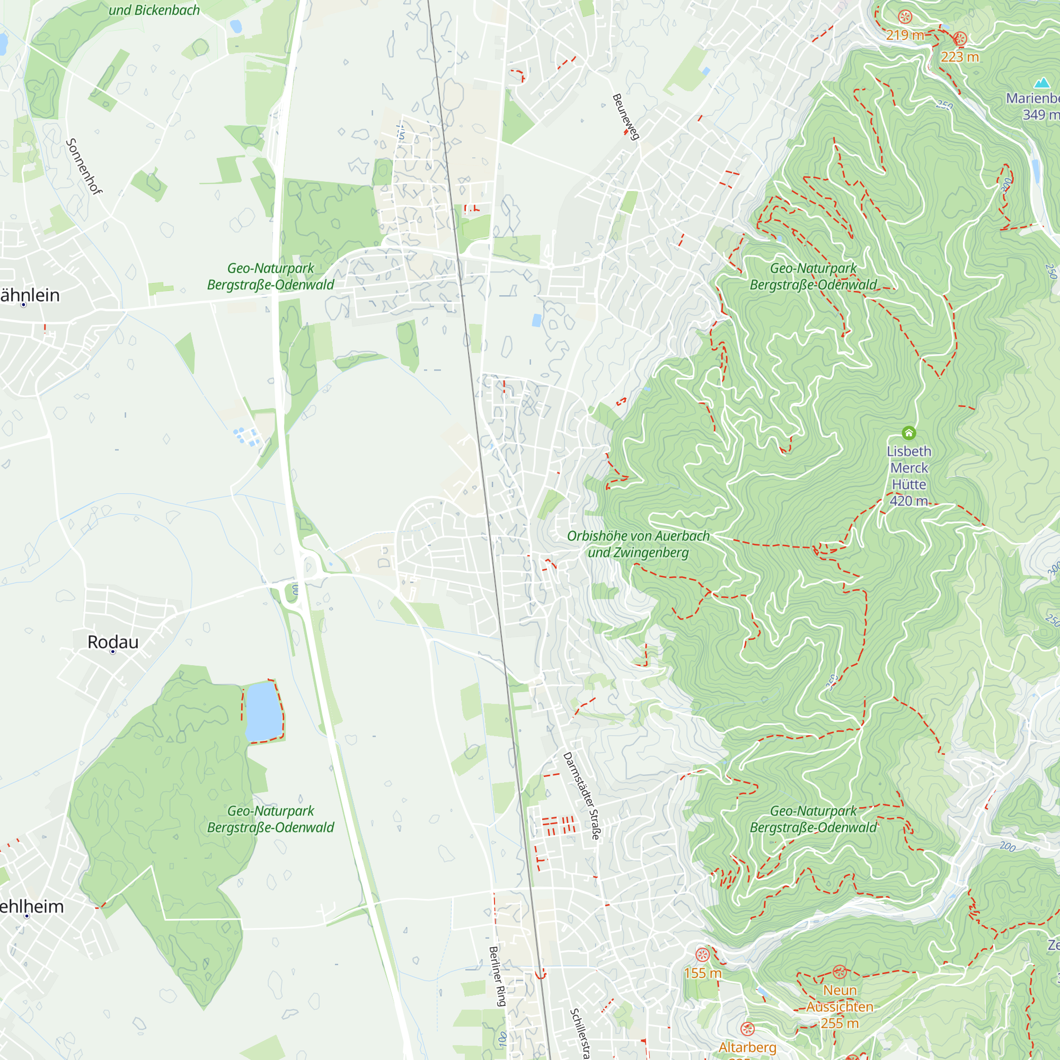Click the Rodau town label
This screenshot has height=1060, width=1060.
tap(113, 642)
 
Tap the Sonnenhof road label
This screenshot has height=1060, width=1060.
tap(84, 166)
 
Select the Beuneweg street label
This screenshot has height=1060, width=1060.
tap(625, 117)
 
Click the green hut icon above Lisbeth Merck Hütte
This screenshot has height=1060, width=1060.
tap(908, 434)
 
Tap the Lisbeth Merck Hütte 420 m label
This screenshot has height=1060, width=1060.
tap(908, 476)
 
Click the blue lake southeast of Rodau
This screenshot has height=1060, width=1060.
tap(263, 711)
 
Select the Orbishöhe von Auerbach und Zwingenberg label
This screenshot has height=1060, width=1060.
tap(638, 544)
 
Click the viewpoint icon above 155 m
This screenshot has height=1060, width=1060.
tap(702, 955)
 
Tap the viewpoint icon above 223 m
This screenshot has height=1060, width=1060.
tap(960, 39)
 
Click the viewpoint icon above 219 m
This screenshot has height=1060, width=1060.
tap(905, 17)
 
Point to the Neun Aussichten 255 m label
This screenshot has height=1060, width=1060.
tap(840, 1006)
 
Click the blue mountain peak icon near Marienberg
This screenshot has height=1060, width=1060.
tap(1042, 83)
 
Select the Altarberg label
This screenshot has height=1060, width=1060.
tap(747, 1047)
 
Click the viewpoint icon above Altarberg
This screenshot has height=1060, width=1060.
tap(747, 1029)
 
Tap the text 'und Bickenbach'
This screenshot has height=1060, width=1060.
tap(154, 10)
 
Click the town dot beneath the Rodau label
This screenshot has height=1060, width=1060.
tap(113, 652)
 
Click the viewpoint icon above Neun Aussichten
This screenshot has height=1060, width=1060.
tap(839, 972)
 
